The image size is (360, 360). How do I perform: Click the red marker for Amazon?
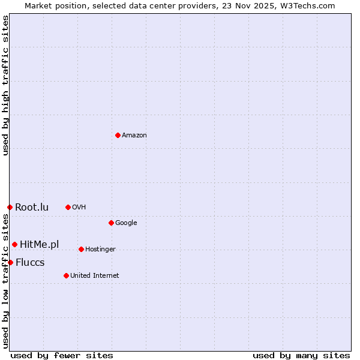[118, 135]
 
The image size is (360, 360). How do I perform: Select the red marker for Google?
[111, 223]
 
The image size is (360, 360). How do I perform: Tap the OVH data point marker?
[68, 207]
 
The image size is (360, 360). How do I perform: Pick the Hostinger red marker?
[81, 249]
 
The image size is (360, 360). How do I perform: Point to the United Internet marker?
[66, 275]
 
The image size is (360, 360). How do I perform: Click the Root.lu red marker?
[10, 207]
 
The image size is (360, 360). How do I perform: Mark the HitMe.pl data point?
[14, 244]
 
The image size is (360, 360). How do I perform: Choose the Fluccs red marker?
[10, 262]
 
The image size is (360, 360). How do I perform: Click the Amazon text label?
[134, 136]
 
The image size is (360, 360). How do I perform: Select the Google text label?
[126, 223]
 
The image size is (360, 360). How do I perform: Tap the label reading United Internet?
[94, 276]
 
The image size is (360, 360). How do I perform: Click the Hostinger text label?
[100, 250]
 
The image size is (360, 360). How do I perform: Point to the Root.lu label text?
[32, 208]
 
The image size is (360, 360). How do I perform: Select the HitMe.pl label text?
[40, 244]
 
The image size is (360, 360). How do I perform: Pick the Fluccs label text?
[30, 263]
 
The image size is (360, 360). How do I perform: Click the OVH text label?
[79, 208]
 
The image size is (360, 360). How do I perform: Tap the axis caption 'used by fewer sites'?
[62, 355]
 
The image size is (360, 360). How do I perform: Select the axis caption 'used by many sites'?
[301, 355]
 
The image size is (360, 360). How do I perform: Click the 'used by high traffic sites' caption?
[6, 85]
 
